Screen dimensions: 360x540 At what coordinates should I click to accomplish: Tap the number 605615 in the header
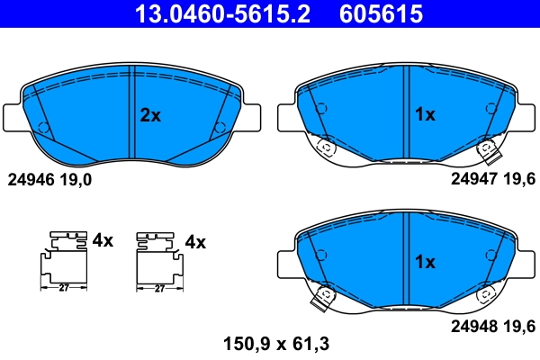point(379,13)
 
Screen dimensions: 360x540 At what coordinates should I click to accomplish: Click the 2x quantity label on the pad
point(149,115)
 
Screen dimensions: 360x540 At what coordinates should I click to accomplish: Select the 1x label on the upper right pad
point(424,115)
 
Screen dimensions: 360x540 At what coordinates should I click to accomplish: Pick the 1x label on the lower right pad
point(424,264)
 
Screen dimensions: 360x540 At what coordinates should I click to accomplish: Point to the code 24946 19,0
point(49,179)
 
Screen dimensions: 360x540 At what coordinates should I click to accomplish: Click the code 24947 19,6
point(492,179)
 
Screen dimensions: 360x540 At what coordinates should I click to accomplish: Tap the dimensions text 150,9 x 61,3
point(271,343)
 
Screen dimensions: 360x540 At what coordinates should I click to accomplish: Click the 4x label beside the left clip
point(103,241)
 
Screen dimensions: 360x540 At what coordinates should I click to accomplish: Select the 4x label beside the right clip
point(195,241)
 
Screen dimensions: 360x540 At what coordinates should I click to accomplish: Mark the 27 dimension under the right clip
point(158,289)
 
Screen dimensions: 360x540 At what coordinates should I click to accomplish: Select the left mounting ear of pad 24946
point(15,116)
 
